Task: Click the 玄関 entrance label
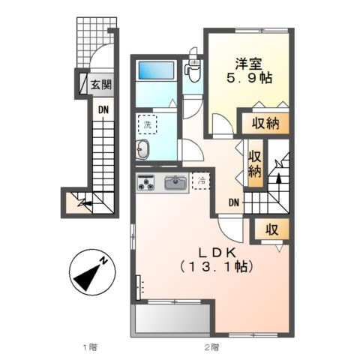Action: [x=100, y=85]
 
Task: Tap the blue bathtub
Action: [x=156, y=70]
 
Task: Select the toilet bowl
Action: [x=193, y=71]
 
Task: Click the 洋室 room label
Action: [x=248, y=64]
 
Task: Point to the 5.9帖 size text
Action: [x=249, y=78]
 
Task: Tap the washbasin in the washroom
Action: [x=142, y=149]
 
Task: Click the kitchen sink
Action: [x=175, y=183]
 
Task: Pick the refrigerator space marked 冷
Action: [x=201, y=181]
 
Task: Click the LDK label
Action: [x=217, y=253]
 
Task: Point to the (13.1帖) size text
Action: [x=217, y=267]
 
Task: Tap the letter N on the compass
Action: [x=103, y=261]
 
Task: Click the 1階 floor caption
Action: [x=90, y=347]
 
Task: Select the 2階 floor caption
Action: [x=212, y=347]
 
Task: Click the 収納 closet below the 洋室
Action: [x=265, y=123]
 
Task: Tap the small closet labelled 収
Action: [x=271, y=229]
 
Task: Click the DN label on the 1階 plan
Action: [x=103, y=109]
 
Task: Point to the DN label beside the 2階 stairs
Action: [x=234, y=202]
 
